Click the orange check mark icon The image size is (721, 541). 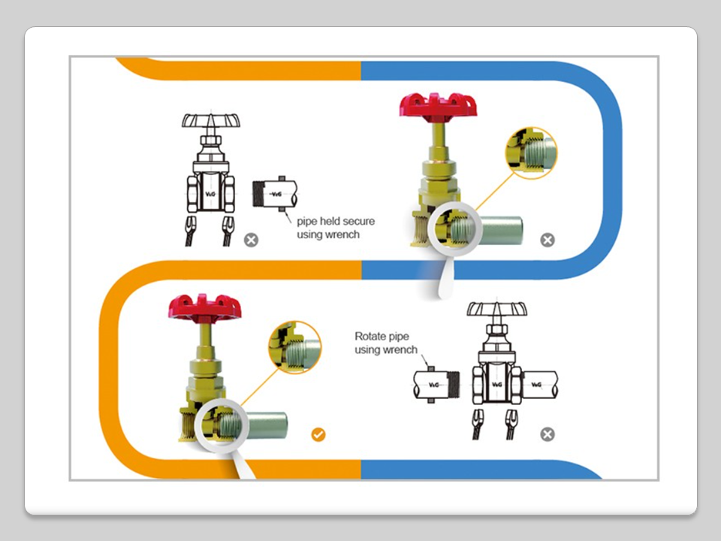(x=318, y=434)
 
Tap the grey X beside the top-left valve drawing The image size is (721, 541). (x=251, y=240)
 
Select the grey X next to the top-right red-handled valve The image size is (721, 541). (x=548, y=240)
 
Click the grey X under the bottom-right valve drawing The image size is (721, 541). (x=548, y=434)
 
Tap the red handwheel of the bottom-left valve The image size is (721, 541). (x=202, y=306)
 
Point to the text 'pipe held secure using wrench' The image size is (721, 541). (x=335, y=228)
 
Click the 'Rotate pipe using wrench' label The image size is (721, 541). (x=385, y=343)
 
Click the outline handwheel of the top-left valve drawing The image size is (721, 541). (x=211, y=122)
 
